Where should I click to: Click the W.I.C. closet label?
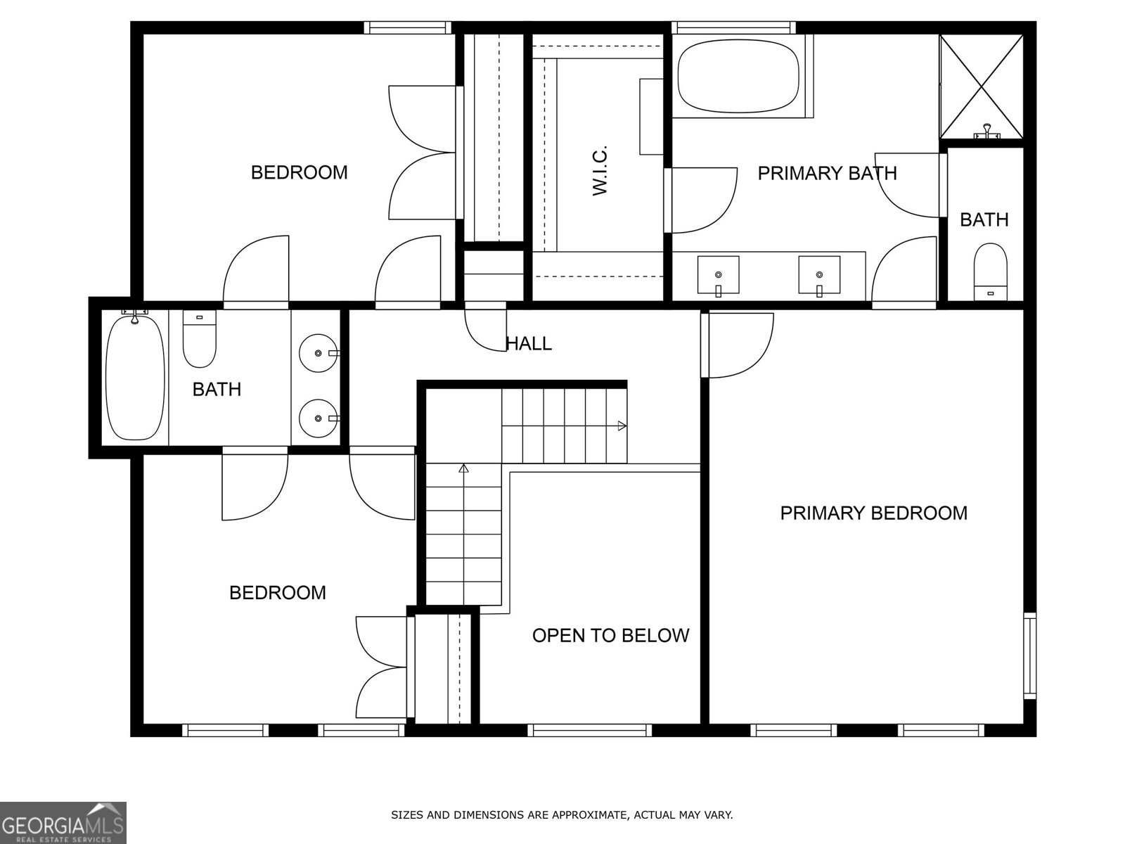tap(599, 171)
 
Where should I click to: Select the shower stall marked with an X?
tap(982, 86)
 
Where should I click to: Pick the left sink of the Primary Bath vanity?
tap(718, 275)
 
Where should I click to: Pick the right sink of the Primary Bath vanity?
tap(819, 275)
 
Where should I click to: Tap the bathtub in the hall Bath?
tap(135, 378)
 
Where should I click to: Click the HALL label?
tap(529, 344)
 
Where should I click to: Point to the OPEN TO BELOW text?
tap(610, 636)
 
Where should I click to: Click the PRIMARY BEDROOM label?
tap(873, 513)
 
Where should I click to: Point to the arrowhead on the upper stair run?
tap(622, 426)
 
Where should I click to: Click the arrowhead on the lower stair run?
tap(463, 468)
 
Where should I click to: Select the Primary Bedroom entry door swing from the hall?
tap(738, 345)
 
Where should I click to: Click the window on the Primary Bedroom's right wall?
tap(1029, 655)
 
